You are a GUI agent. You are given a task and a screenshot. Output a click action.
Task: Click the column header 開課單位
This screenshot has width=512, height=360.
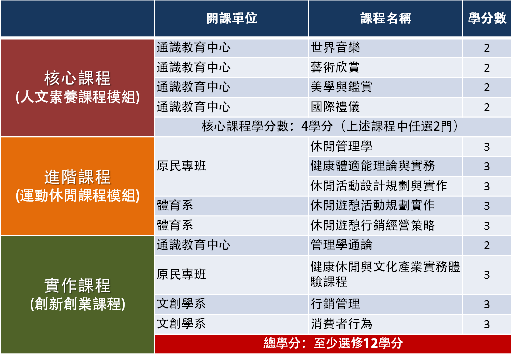pyautogui.click(x=232, y=18)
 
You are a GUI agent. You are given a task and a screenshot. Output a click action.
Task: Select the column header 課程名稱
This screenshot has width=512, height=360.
pyautogui.click(x=386, y=18)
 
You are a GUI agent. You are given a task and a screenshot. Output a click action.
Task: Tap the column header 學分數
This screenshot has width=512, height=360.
pyautogui.click(x=487, y=18)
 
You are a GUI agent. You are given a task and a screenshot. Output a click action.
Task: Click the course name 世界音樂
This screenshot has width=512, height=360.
pyautogui.click(x=335, y=48)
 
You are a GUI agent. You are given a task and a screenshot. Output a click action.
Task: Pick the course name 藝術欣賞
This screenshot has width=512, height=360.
pyautogui.click(x=335, y=68)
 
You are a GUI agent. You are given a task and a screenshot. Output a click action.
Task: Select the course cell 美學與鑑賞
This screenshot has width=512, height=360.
pyautogui.click(x=341, y=87)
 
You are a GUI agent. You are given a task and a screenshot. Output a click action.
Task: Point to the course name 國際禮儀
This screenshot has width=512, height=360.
pyautogui.click(x=335, y=107)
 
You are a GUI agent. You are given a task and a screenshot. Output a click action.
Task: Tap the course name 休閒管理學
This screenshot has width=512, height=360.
pyautogui.click(x=341, y=146)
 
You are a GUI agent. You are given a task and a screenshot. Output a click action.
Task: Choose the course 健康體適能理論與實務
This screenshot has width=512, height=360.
pyautogui.click(x=373, y=166)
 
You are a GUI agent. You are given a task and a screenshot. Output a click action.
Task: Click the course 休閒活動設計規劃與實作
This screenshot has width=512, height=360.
pyautogui.click(x=379, y=186)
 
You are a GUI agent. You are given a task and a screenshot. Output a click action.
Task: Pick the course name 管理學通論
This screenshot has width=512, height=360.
pyautogui.click(x=341, y=245)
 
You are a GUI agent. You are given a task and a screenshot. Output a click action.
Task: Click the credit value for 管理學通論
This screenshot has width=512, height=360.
pyautogui.click(x=487, y=245)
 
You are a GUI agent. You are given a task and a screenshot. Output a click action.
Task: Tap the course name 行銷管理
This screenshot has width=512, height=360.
pyautogui.click(x=335, y=304)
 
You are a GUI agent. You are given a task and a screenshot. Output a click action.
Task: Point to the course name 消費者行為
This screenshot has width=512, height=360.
pyautogui.click(x=341, y=324)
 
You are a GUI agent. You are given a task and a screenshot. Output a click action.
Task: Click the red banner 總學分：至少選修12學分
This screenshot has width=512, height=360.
pyautogui.click(x=333, y=343)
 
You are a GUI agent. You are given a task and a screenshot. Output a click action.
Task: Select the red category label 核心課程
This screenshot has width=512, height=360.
pyautogui.click(x=78, y=78)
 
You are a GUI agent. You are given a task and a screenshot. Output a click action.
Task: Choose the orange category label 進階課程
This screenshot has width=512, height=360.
pyautogui.click(x=78, y=177)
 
